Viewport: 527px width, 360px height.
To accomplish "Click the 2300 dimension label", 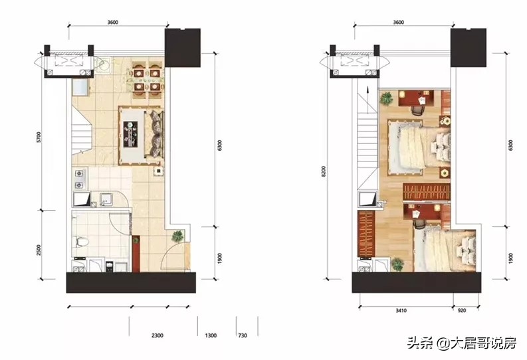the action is (157, 335).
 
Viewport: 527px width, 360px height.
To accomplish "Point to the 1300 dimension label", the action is (211, 335).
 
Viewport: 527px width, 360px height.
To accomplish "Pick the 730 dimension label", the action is (243, 335).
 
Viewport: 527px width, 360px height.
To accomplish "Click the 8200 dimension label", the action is (324, 171).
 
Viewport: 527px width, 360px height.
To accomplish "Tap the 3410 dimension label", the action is (400, 311).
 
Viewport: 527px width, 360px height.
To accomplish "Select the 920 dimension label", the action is (462, 311).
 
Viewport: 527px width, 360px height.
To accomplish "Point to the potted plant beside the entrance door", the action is (177, 236).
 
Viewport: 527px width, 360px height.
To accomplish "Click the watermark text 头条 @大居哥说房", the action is (461, 343).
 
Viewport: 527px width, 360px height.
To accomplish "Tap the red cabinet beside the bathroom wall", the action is (136, 254).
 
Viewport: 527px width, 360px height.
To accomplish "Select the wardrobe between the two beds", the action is (427, 192).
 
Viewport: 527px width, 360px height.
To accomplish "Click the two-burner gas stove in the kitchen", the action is (79, 179).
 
